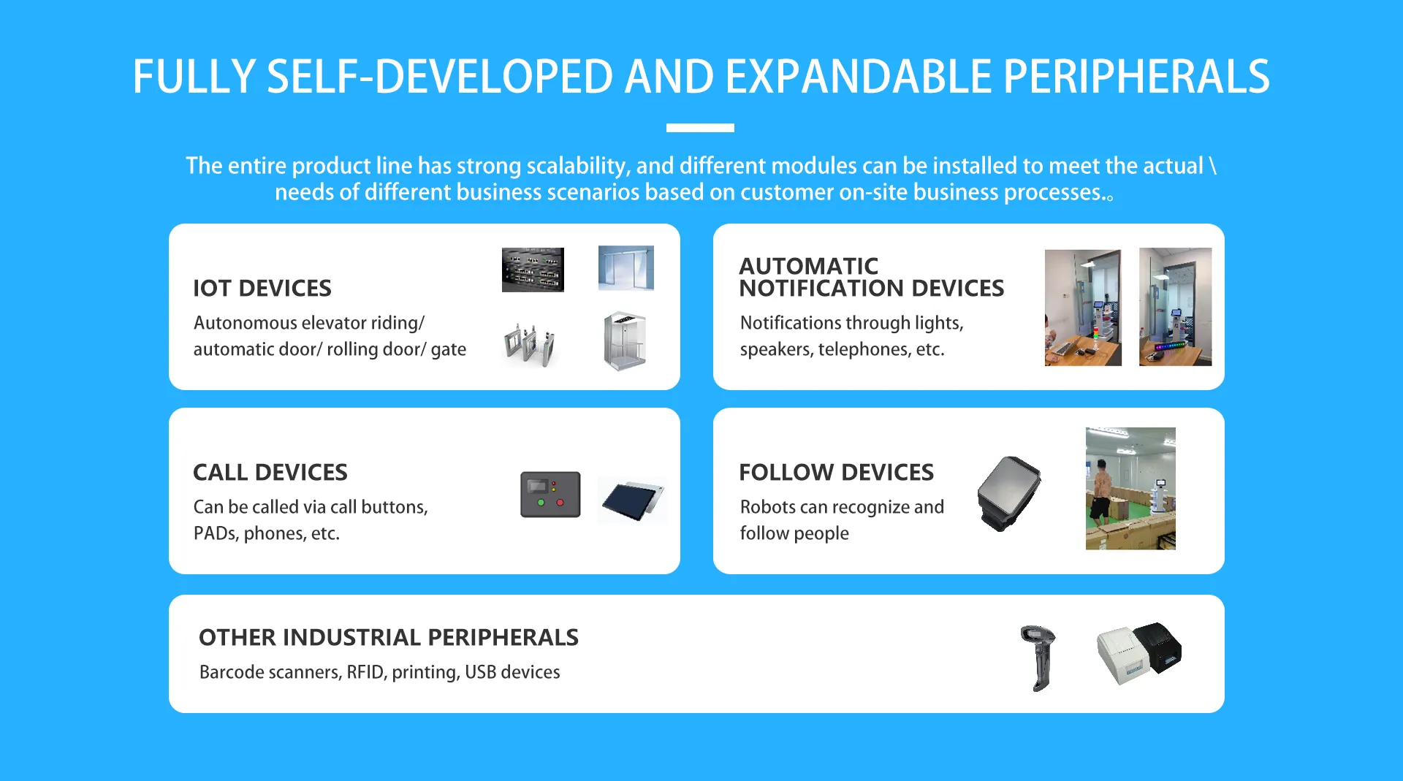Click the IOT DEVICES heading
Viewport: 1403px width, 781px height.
tap(262, 289)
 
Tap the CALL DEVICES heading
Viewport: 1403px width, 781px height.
tap(270, 473)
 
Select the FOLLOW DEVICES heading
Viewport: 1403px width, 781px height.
tap(837, 473)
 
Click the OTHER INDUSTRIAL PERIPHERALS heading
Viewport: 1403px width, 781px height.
tap(389, 638)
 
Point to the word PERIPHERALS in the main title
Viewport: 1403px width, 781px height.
tap(1136, 77)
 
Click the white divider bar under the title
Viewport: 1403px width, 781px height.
tap(700, 128)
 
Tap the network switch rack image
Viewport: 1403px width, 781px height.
tap(533, 270)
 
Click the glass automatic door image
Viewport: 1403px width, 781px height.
tap(626, 268)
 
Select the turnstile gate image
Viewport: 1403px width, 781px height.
tap(530, 343)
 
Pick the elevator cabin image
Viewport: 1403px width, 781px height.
tap(625, 341)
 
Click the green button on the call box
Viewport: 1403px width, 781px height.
tap(541, 503)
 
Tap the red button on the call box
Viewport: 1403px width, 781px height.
tap(560, 503)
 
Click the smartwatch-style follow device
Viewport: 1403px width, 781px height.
tap(1009, 493)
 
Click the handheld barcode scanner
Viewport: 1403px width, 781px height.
tap(1039, 658)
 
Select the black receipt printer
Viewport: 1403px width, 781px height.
tap(1158, 647)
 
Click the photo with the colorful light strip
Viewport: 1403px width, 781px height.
tap(1175, 307)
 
